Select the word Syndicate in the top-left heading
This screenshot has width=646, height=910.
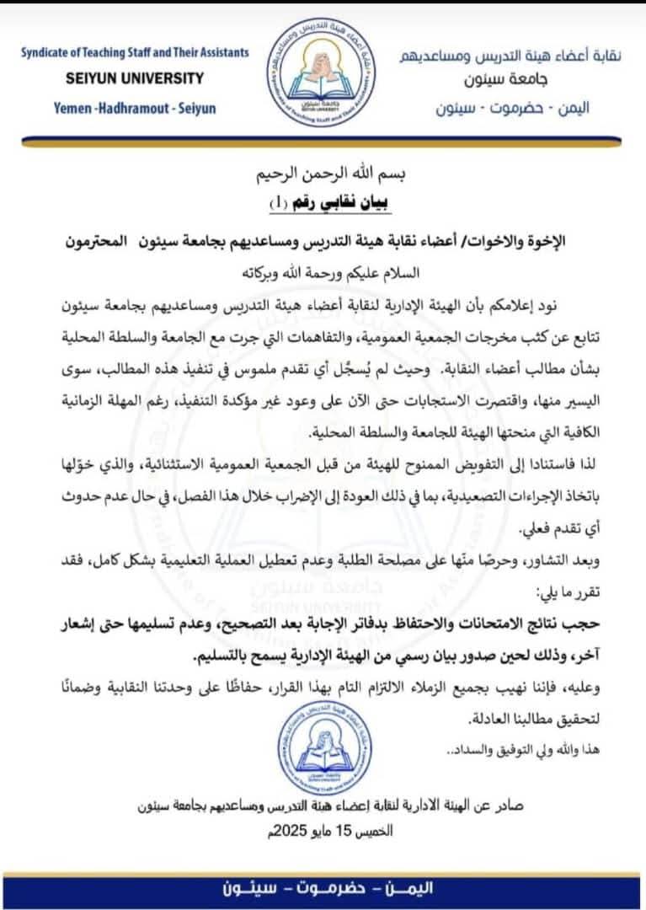point(53,52)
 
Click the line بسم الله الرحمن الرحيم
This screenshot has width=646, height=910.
point(323,178)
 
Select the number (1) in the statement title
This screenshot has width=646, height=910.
point(276,203)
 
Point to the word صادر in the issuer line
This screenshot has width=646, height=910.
point(509,805)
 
